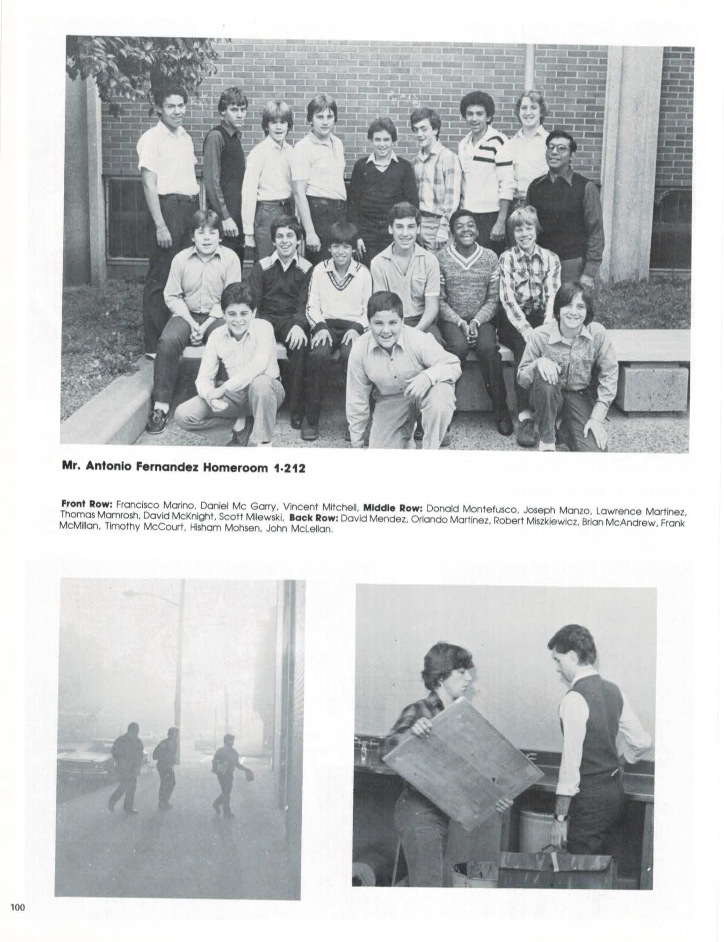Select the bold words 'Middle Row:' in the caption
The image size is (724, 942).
point(395,508)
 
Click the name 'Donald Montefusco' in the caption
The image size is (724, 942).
point(466,508)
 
